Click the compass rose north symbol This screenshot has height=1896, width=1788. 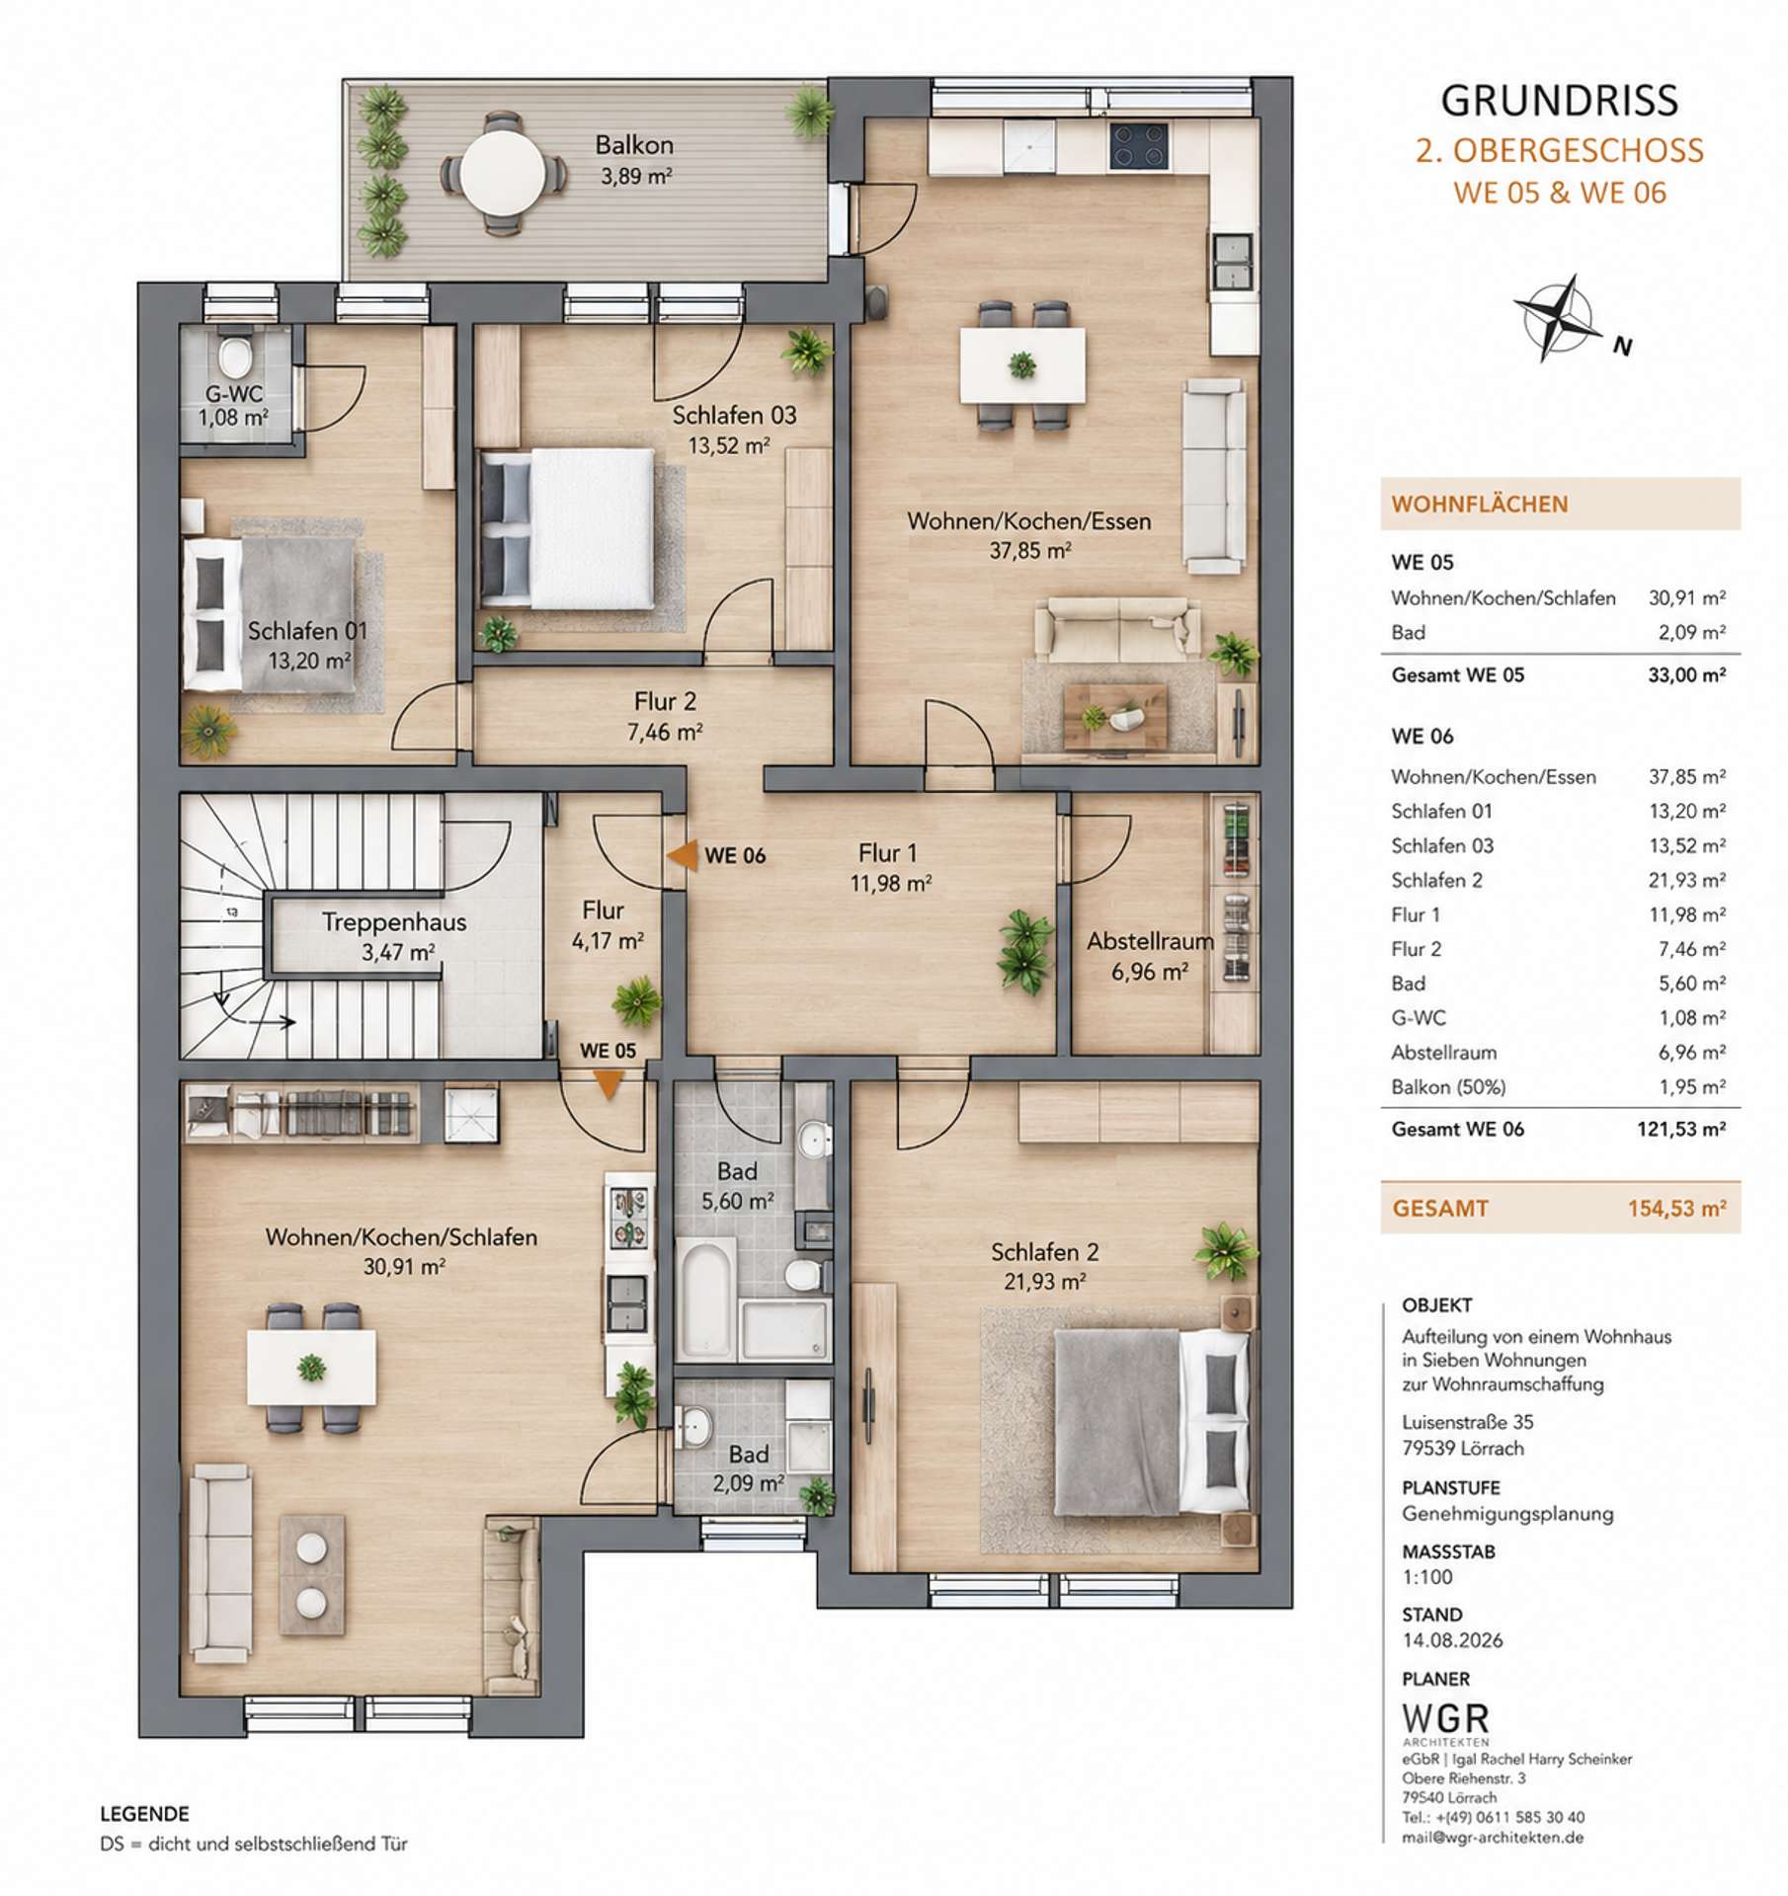tap(1558, 318)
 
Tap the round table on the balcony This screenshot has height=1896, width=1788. tap(503, 174)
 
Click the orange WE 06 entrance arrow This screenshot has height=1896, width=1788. tap(682, 855)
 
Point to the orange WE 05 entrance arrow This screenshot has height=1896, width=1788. tap(608, 1085)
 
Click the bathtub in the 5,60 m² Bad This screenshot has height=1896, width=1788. tap(707, 1299)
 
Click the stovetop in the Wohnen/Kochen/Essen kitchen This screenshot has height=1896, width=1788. tap(1139, 146)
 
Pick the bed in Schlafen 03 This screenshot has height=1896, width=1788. tap(567, 528)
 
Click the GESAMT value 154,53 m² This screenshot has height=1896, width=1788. tap(1677, 1208)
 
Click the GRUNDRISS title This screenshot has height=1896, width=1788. tap(1559, 101)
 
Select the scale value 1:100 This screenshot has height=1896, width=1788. tap(1427, 1577)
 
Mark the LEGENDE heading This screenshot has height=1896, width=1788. tap(144, 1814)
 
